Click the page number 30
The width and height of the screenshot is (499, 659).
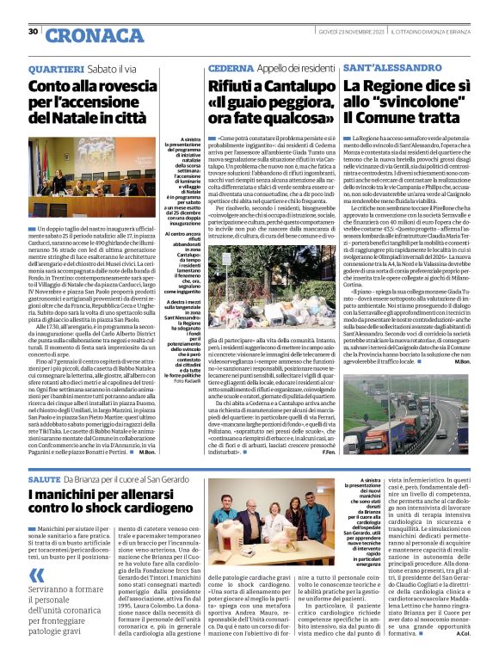tap(33, 31)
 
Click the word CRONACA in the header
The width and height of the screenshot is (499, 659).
tap(83, 35)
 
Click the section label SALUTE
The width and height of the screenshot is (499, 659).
tap(44, 477)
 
